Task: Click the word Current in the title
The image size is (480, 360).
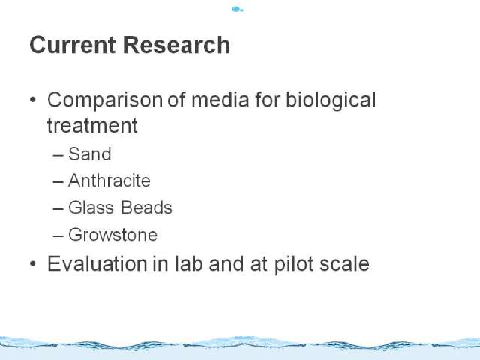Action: pyautogui.click(x=73, y=45)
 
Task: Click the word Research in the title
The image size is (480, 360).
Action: pyautogui.click(x=176, y=45)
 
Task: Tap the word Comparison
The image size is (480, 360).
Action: pyautogui.click(x=105, y=100)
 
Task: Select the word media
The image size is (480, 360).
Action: pyautogui.click(x=220, y=100)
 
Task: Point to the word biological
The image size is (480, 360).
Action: pyautogui.click(x=331, y=100)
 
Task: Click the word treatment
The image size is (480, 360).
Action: pyautogui.click(x=92, y=125)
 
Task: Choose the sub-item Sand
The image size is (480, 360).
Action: pyautogui.click(x=90, y=154)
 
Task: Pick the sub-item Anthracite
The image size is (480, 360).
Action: pyautogui.click(x=109, y=181)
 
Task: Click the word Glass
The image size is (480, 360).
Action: pyautogui.click(x=91, y=208)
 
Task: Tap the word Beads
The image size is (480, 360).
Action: pyautogui.click(x=146, y=208)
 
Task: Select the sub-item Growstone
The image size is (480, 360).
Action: pyautogui.click(x=112, y=235)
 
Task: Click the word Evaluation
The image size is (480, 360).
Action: pyautogui.click(x=97, y=263)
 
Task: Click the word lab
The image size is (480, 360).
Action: pyautogui.click(x=188, y=263)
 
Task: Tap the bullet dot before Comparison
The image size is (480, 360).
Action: pyautogui.click(x=33, y=100)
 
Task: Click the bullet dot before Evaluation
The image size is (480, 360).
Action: pyautogui.click(x=33, y=263)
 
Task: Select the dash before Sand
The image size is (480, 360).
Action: pyautogui.click(x=58, y=155)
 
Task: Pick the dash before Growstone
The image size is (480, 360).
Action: pyautogui.click(x=58, y=236)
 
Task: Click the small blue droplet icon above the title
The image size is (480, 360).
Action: pyautogui.click(x=238, y=10)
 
